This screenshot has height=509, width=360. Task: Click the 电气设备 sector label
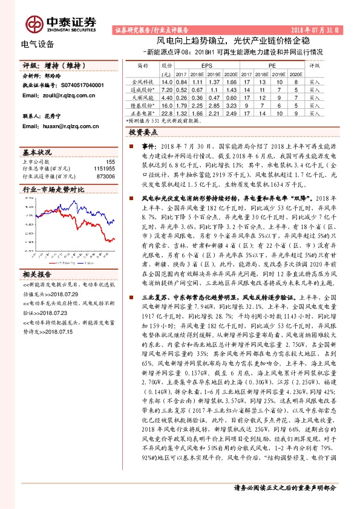[x=38, y=44]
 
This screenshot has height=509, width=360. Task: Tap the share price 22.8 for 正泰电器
[x=168, y=112]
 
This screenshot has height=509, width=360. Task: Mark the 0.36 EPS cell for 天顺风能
[x=196, y=97]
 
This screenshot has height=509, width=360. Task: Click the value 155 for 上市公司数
[x=110, y=162]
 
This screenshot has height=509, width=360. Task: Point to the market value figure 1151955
[x=104, y=169]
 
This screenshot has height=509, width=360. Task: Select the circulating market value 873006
[x=105, y=177]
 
